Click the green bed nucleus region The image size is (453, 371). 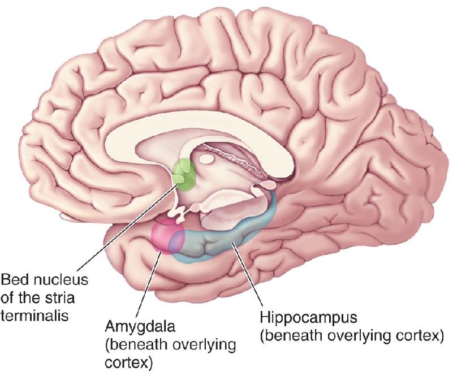184,175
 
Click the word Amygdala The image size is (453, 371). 140,327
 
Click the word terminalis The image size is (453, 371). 34,316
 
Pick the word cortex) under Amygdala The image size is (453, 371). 128,363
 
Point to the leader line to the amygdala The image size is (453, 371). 148,284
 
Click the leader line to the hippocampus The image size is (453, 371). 248,274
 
